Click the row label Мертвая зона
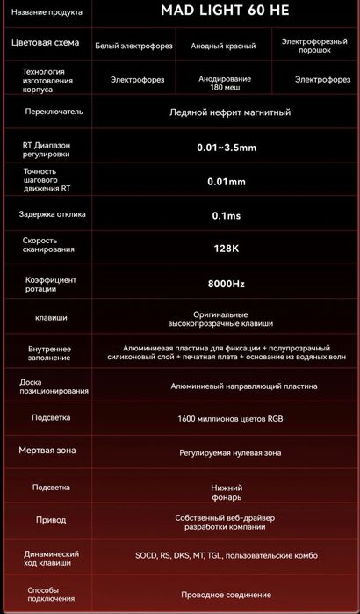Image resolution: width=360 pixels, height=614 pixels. click(x=47, y=451)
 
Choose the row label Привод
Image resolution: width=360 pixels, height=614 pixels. click(x=50, y=519)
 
